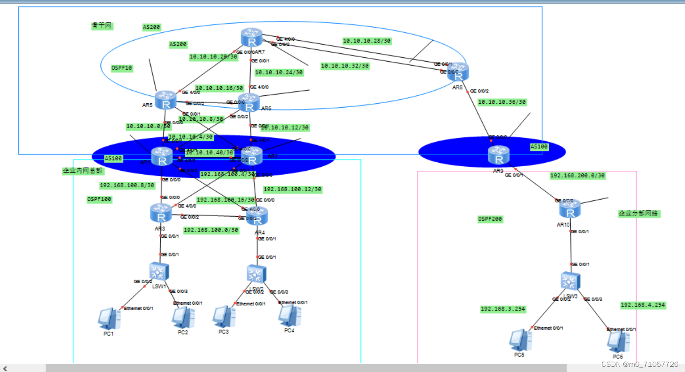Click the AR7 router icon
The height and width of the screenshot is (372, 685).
pyautogui.click(x=251, y=37)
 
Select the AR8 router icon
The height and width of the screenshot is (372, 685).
pyautogui.click(x=458, y=72)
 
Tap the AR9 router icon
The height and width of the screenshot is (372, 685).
pyautogui.click(x=498, y=155)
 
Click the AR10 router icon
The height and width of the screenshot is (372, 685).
pyautogui.click(x=570, y=209)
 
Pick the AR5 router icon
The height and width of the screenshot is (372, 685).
pyautogui.click(x=166, y=100)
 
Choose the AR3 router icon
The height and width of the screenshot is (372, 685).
pyautogui.click(x=161, y=213)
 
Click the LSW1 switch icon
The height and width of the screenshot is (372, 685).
pyautogui.click(x=159, y=272)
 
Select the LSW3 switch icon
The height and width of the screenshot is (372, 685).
pyautogui.click(x=570, y=281)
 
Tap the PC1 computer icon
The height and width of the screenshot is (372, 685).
pyautogui.click(x=109, y=319)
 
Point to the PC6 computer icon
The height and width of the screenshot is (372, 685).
pyautogui.click(x=618, y=341)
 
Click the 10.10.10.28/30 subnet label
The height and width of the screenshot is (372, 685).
pyautogui.click(x=367, y=41)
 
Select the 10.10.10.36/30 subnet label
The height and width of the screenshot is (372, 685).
pyautogui.click(x=501, y=102)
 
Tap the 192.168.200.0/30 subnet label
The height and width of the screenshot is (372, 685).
pyautogui.click(x=577, y=175)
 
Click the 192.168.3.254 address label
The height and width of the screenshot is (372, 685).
pyautogui.click(x=502, y=309)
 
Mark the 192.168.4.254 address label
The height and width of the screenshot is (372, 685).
pyautogui.click(x=643, y=305)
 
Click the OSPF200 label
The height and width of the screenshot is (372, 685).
pyautogui.click(x=490, y=219)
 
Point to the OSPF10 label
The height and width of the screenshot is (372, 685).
pyautogui.click(x=121, y=68)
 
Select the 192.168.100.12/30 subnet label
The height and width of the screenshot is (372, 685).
pyautogui.click(x=292, y=190)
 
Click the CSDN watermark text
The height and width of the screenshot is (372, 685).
pyautogui.click(x=639, y=364)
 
